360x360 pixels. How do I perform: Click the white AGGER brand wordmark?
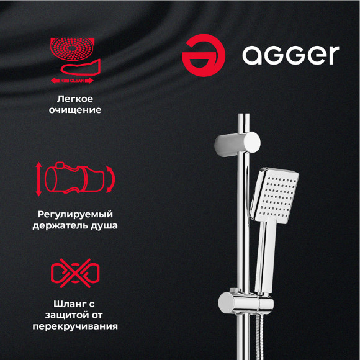coord(290,55)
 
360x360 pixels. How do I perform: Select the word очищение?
coord(75,110)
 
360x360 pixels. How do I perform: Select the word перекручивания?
coord(75,326)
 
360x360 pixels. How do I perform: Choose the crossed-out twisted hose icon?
coord(74,274)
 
